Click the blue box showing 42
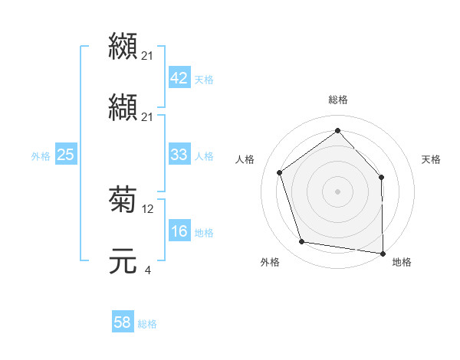coord(179,78)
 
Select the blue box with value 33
coord(179,155)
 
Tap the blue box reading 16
coord(179,232)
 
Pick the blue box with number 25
coord(65,155)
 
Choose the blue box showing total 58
coord(122,322)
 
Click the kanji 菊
coord(123,200)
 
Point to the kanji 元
coord(123,260)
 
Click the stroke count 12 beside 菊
coord(148,208)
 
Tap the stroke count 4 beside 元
coord(147,270)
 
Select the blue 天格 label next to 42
coord(203,79)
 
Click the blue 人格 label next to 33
coord(203,155)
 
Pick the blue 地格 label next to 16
coord(203,233)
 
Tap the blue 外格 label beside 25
coord(41,155)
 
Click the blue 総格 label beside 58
coord(147,324)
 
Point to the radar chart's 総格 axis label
coord(337,100)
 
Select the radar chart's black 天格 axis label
coord(431,159)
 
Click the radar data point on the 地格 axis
coord(383,253)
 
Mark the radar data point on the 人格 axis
coord(280,172)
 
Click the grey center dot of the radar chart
coord(337,191)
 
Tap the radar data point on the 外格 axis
coord(302,242)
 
